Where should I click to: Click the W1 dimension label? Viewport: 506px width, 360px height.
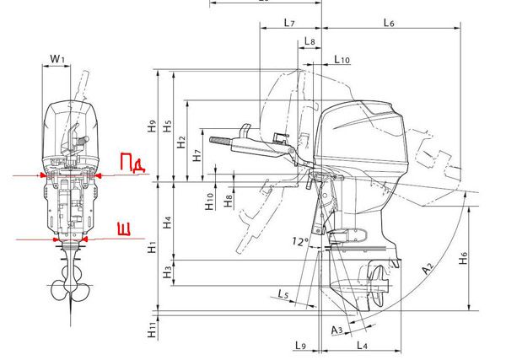(x=57, y=59)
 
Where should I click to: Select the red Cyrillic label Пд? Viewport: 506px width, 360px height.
(x=132, y=162)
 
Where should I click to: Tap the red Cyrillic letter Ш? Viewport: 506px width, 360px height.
(x=124, y=228)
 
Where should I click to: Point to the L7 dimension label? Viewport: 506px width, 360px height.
(x=289, y=23)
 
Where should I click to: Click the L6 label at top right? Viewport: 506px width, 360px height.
(x=389, y=23)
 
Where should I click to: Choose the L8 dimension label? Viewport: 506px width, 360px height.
(x=310, y=41)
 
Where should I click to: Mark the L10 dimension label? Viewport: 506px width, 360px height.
(x=342, y=59)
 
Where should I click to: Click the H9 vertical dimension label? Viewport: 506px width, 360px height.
(x=152, y=126)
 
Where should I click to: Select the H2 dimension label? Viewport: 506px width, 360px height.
(x=181, y=142)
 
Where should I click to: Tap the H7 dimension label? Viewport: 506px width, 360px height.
(x=196, y=155)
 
